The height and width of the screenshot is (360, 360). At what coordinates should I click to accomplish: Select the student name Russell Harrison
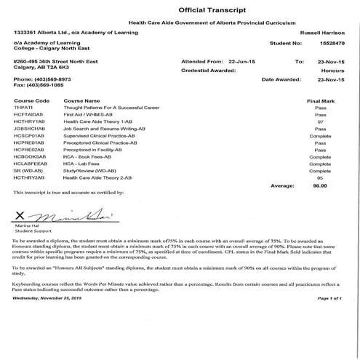tap(321, 33)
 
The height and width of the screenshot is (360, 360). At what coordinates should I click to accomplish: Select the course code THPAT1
tap(24, 108)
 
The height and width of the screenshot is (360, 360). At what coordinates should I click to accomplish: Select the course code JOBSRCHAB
tap(29, 128)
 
